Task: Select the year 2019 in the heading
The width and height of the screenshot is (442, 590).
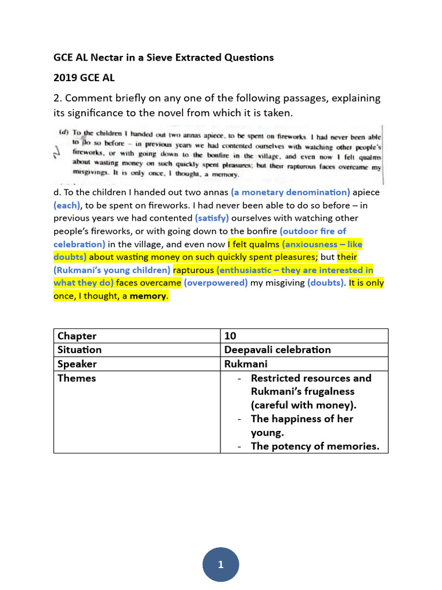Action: click(x=66, y=78)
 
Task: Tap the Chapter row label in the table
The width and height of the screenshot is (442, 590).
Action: click(x=77, y=336)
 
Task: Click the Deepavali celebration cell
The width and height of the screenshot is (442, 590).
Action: click(x=277, y=350)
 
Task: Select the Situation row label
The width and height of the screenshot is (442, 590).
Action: click(x=79, y=350)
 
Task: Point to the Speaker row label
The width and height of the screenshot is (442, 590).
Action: click(x=77, y=364)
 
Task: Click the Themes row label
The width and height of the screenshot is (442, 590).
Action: click(x=77, y=378)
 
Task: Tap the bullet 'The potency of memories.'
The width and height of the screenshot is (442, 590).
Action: click(x=315, y=446)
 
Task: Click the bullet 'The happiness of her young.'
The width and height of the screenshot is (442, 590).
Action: click(x=302, y=426)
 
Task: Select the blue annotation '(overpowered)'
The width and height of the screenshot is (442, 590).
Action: click(x=216, y=283)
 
